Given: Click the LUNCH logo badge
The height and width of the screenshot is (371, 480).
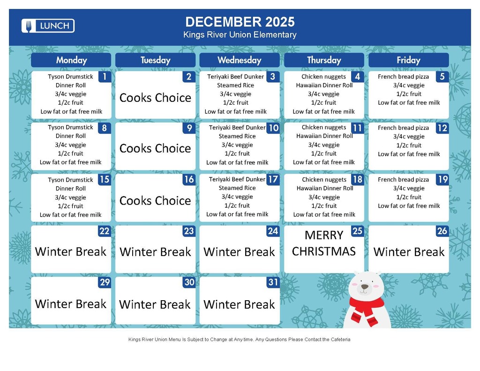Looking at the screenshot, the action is [x=48, y=26].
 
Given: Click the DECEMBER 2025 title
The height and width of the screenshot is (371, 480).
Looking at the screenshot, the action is [x=240, y=22].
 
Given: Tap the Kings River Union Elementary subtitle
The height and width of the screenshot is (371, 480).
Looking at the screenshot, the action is [x=240, y=35].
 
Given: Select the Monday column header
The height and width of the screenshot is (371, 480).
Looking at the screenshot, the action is [x=71, y=60].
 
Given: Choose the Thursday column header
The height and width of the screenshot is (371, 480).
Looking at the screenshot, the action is [x=324, y=60].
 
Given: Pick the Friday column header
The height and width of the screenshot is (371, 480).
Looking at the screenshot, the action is [x=409, y=60].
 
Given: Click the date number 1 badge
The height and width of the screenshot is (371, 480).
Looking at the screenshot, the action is [x=105, y=76].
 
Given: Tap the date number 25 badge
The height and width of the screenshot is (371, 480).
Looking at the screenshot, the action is [x=358, y=231].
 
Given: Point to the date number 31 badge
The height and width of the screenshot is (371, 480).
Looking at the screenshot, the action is [x=273, y=282].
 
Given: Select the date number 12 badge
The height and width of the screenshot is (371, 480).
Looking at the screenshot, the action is [x=442, y=128].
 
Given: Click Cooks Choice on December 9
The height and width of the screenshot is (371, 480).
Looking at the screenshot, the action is [x=155, y=149].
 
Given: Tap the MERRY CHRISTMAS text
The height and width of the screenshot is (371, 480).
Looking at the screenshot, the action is [x=324, y=243].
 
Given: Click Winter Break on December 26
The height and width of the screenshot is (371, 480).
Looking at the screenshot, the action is [x=409, y=252].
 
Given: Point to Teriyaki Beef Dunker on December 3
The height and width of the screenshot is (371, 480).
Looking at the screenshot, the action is [x=235, y=76].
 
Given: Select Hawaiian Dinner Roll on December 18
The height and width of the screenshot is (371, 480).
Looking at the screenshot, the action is [x=325, y=188].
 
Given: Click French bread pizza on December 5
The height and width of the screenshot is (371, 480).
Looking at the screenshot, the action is [x=403, y=76].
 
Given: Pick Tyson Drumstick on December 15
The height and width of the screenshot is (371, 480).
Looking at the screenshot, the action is [x=70, y=180].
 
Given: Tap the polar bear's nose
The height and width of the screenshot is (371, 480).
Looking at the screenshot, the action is [x=365, y=287].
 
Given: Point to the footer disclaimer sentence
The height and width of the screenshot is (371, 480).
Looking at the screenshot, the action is [x=240, y=340].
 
